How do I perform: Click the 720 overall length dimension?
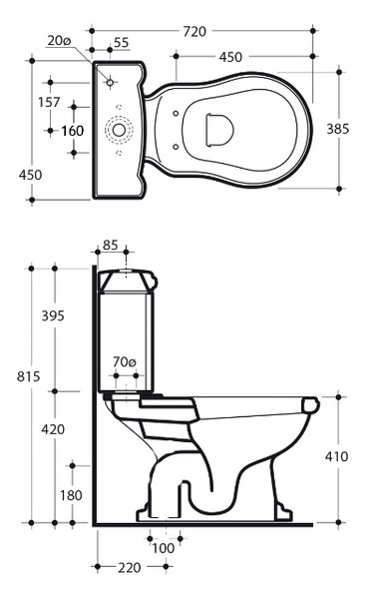tap(194, 32)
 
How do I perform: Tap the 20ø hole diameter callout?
tap(60, 41)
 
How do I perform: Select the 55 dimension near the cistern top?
tap(121, 42)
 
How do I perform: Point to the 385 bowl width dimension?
tap(338, 129)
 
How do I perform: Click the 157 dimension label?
tap(49, 102)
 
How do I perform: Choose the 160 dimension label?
tap(73, 131)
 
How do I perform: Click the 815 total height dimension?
tap(28, 376)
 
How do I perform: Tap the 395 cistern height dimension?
tap(53, 315)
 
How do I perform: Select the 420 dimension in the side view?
tap(53, 429)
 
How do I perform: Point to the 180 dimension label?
tap(71, 495)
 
